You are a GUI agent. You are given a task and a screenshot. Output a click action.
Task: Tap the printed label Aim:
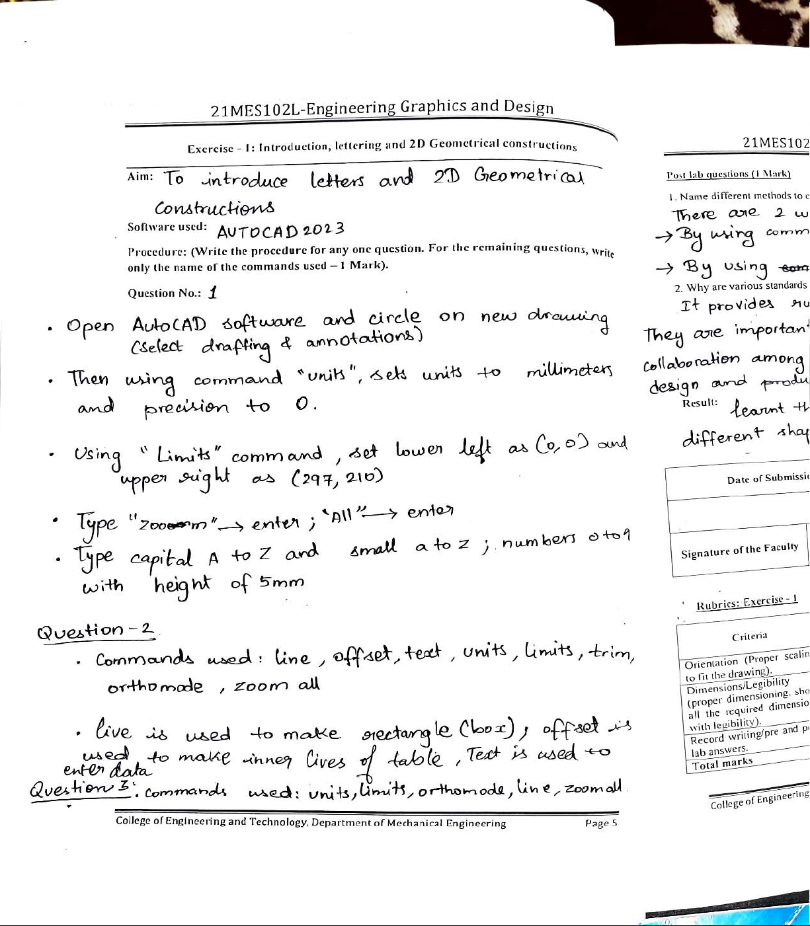click(x=140, y=176)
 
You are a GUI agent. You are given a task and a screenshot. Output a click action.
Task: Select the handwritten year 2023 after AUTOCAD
click(x=323, y=230)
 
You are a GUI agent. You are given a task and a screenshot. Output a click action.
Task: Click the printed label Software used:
click(x=167, y=227)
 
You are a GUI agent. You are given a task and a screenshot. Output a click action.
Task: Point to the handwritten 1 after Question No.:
click(x=212, y=291)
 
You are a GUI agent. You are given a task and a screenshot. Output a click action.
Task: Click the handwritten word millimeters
click(x=569, y=371)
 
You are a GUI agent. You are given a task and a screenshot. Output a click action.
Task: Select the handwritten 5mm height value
click(x=282, y=582)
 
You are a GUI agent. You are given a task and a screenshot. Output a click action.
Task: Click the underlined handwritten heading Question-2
click(x=97, y=631)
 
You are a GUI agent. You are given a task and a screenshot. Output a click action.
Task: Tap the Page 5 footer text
click(x=600, y=824)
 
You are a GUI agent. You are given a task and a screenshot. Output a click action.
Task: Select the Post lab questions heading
click(x=728, y=174)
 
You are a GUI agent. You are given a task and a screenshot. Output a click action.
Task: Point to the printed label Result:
click(x=700, y=403)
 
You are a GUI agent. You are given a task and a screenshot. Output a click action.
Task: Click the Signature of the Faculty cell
click(x=739, y=549)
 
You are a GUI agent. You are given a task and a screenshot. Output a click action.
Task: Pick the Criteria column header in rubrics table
click(x=749, y=637)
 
